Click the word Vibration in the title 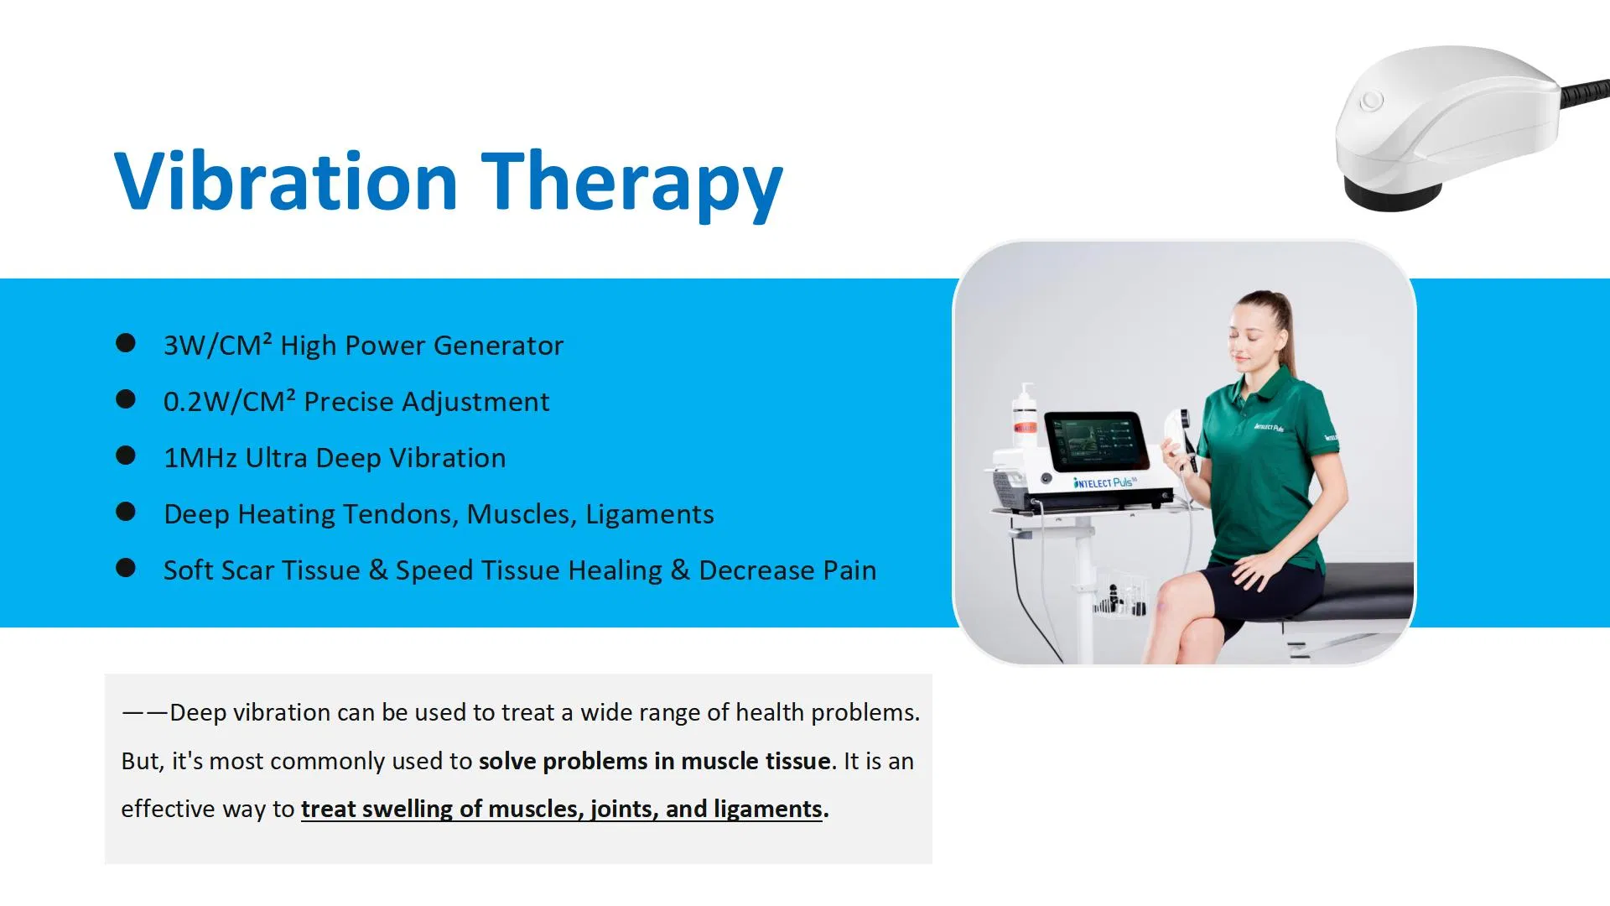point(285,181)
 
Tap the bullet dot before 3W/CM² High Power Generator point(126,343)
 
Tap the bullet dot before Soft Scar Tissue point(126,568)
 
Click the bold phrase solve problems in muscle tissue point(654,761)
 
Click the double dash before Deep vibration point(144,713)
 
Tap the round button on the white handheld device point(1372,102)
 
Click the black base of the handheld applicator point(1391,198)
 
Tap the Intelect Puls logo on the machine point(1104,482)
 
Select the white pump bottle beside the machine point(1025,419)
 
